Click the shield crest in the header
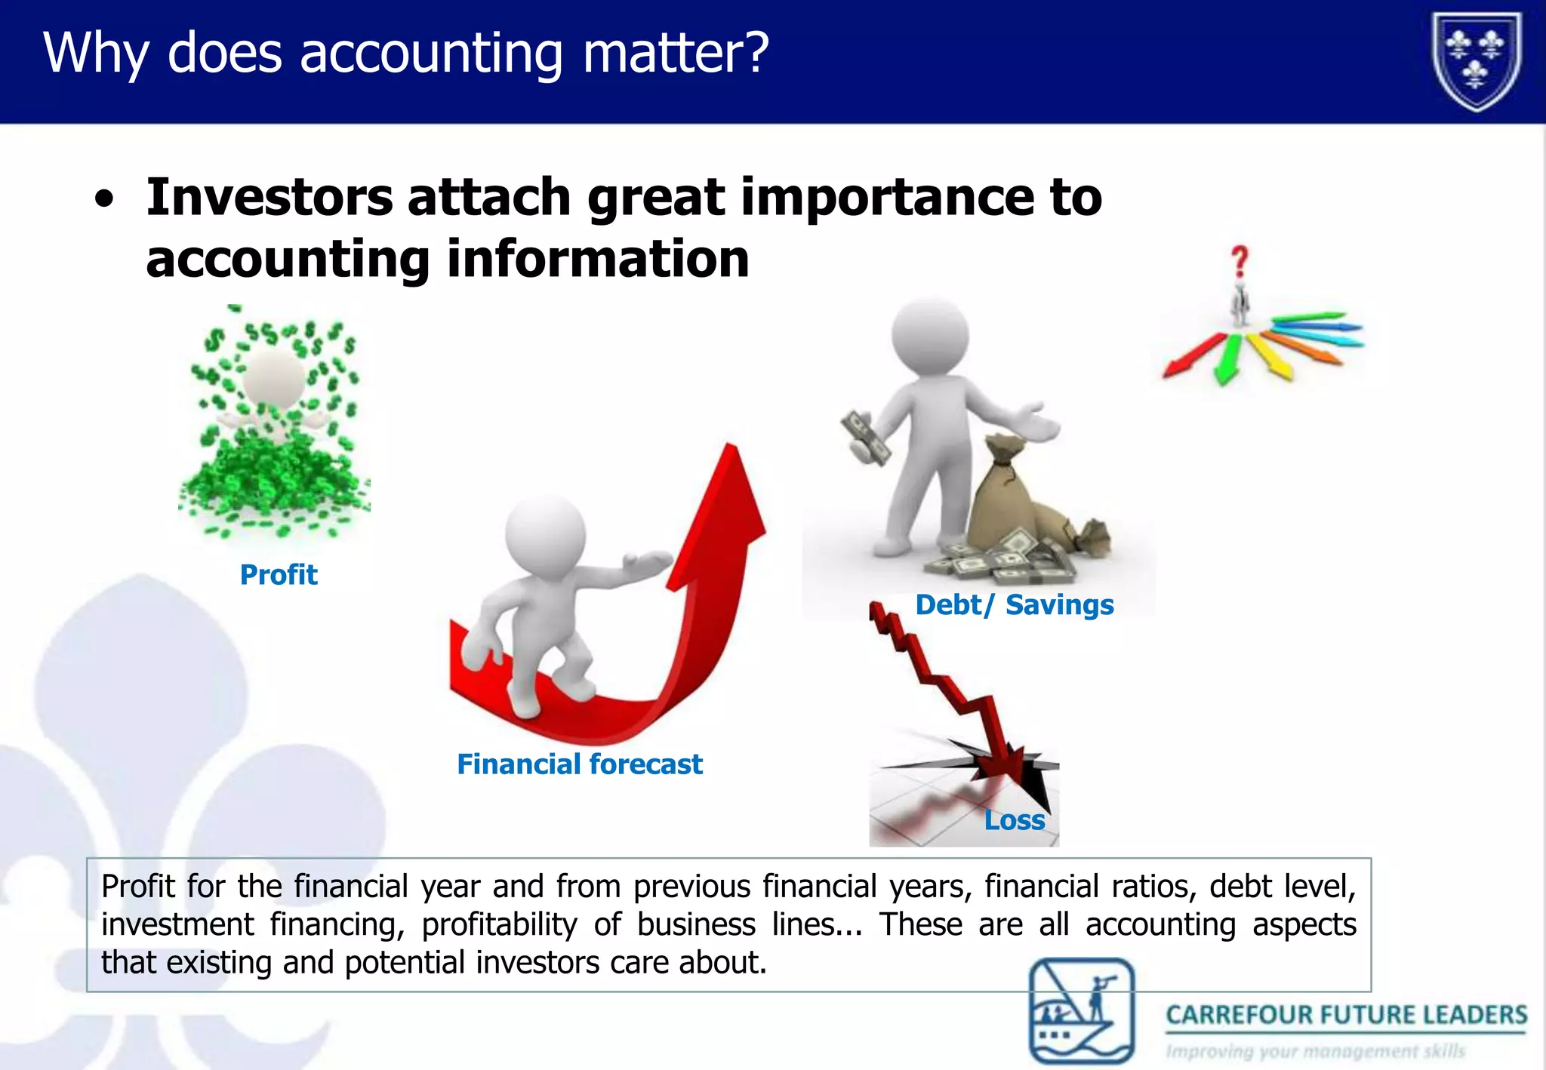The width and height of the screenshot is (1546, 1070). [1477, 62]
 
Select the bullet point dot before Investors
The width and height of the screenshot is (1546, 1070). [105, 201]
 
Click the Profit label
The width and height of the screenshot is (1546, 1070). [279, 575]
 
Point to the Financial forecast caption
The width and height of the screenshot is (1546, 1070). [579, 764]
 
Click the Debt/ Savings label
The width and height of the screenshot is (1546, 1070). [1014, 605]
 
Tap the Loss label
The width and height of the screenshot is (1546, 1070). [1015, 820]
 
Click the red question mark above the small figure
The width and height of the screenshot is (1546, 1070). [1240, 262]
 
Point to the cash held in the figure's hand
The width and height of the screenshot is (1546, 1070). [866, 438]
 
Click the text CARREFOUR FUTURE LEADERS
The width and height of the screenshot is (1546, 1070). [1346, 1015]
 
